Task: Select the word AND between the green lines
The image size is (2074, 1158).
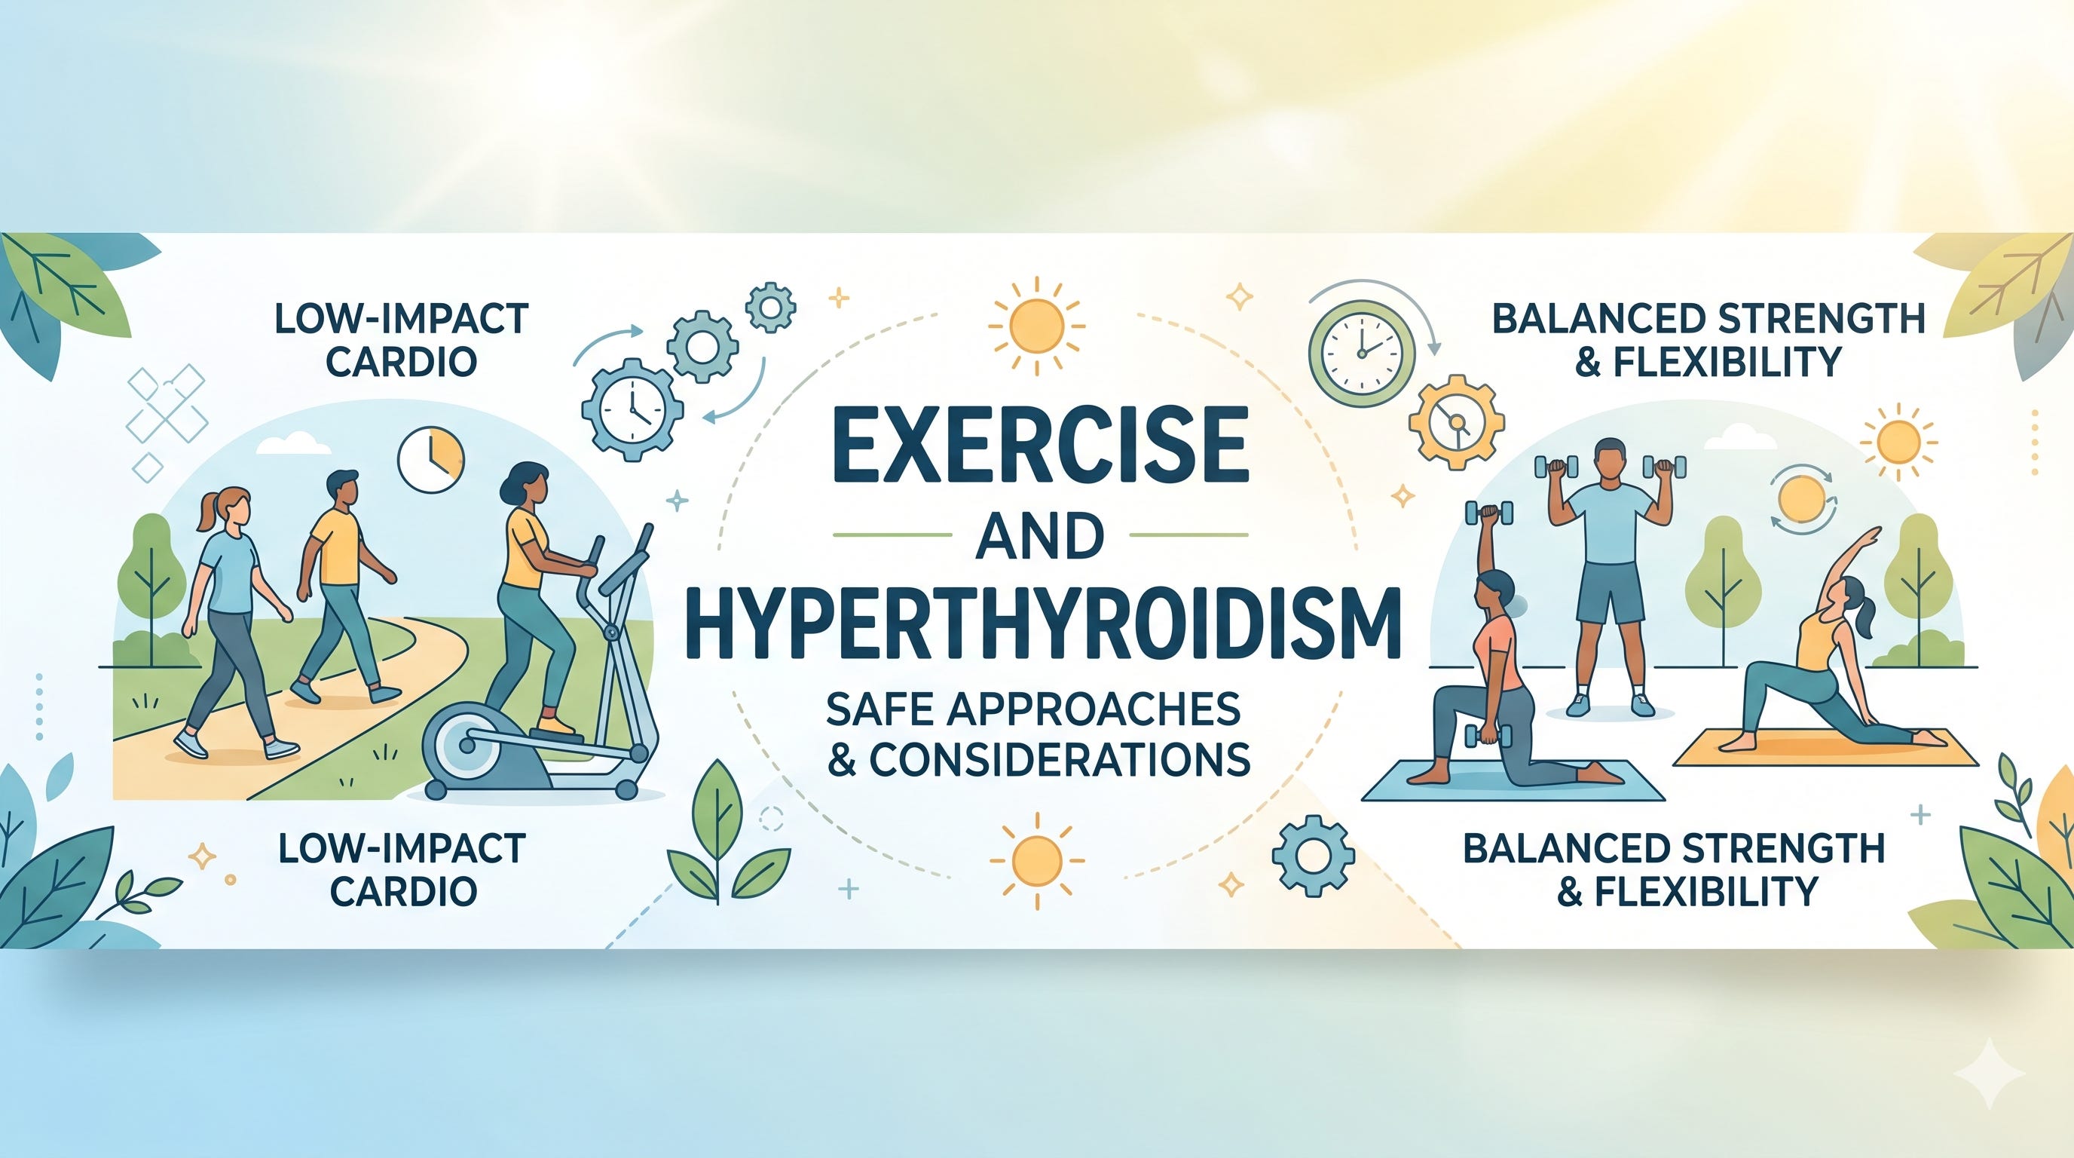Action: (1040, 536)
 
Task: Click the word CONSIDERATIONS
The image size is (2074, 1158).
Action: (1060, 758)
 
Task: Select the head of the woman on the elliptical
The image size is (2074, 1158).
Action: (527, 483)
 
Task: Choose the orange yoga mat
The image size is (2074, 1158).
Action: (1825, 748)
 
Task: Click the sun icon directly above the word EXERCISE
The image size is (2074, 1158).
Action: (1037, 326)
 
